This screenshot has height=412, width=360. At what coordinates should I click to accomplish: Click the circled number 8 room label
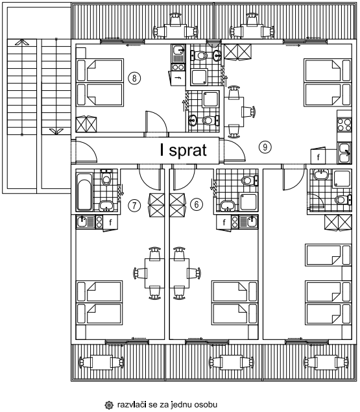(x=134, y=78)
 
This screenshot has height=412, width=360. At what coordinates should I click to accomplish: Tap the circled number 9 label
(x=265, y=147)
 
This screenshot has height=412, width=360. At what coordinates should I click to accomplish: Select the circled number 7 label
(x=134, y=205)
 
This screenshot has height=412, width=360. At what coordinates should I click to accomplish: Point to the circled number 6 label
(x=197, y=204)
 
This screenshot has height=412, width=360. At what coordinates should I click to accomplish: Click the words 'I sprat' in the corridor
(x=183, y=151)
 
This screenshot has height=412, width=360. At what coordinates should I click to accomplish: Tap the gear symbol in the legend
(x=109, y=405)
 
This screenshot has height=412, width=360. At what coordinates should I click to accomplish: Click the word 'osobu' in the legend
(x=206, y=404)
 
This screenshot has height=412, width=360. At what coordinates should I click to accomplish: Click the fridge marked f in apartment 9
(x=318, y=156)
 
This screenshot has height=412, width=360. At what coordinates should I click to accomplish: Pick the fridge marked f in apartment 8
(x=178, y=78)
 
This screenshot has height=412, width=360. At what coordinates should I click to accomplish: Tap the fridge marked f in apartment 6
(x=224, y=223)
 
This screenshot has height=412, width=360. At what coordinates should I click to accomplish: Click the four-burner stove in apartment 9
(x=344, y=125)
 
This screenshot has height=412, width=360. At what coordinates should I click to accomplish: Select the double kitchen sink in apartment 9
(x=344, y=153)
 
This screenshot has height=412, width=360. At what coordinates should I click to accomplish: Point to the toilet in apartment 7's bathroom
(x=106, y=178)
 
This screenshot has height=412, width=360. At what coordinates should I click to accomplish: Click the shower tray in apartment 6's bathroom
(x=248, y=202)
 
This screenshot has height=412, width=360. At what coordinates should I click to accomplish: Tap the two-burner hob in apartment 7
(x=99, y=222)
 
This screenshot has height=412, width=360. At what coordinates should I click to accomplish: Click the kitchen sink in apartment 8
(x=178, y=53)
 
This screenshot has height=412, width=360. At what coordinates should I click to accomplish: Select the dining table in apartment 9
(x=234, y=112)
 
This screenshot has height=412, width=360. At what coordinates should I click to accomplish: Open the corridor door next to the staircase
(x=84, y=152)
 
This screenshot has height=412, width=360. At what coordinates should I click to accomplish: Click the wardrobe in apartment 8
(x=86, y=124)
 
